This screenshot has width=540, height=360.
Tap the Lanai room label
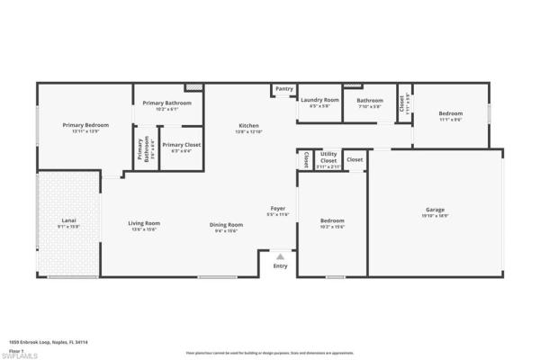[68, 220]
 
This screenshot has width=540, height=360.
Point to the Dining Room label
[227, 224]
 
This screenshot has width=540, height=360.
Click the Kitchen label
[248, 125]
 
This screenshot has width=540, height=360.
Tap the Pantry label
[284, 89]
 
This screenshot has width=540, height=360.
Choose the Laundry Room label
[320, 100]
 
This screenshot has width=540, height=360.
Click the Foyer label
[278, 209]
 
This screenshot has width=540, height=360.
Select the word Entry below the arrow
[280, 265]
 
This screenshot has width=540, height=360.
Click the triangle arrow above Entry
[280, 256]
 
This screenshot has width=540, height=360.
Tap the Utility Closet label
[328, 157]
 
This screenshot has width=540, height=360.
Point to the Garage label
[435, 210]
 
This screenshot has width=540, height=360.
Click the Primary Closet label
[181, 144]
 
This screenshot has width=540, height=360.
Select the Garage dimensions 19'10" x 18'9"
[435, 216]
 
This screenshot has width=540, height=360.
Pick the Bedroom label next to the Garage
[332, 220]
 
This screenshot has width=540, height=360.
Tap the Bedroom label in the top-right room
[450, 113]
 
